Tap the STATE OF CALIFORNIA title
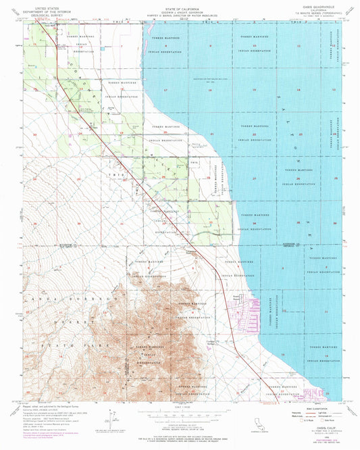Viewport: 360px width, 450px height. click(179, 3)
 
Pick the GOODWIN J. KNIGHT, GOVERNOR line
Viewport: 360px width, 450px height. click(179, 7)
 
